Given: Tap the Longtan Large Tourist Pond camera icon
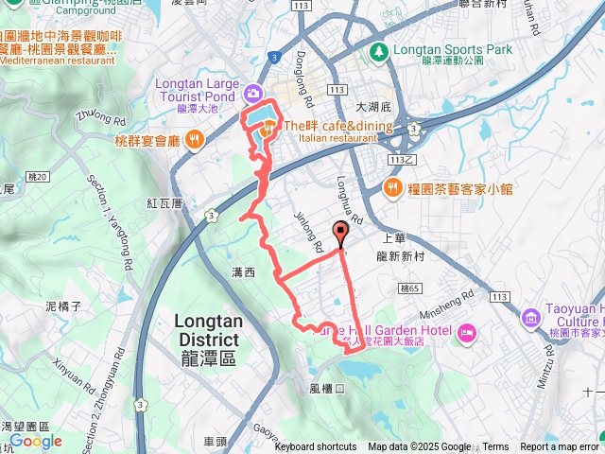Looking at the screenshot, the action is (x=253, y=93).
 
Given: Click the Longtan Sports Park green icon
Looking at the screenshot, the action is (x=378, y=49).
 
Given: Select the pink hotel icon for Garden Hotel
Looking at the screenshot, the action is (x=466, y=333).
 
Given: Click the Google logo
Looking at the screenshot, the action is (x=35, y=441).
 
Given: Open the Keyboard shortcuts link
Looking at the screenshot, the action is (x=316, y=447).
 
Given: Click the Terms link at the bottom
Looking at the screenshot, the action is (x=495, y=447).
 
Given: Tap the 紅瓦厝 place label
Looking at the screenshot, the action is (x=164, y=203).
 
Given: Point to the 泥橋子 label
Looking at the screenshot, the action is (x=65, y=306).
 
